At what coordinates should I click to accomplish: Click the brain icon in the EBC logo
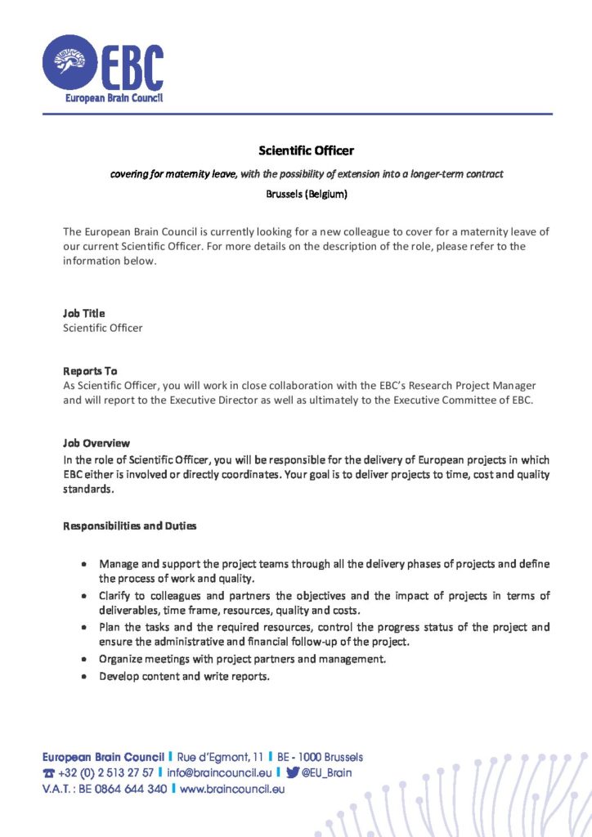point(70,62)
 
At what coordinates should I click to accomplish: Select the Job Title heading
point(84,313)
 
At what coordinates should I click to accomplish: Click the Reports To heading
point(90,370)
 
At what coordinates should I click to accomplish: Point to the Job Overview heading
point(96,443)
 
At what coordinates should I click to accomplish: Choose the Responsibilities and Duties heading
point(130,526)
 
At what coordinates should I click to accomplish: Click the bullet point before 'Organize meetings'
point(85,659)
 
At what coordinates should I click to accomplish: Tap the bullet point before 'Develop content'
point(85,677)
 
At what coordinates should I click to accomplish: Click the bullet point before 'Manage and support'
point(85,565)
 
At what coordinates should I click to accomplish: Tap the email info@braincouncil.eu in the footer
point(219,772)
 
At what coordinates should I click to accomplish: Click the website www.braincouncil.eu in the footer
point(232,790)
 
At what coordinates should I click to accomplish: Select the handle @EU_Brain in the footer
point(326,772)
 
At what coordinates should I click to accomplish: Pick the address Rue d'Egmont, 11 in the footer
point(222,757)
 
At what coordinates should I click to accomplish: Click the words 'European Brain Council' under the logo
point(114,98)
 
